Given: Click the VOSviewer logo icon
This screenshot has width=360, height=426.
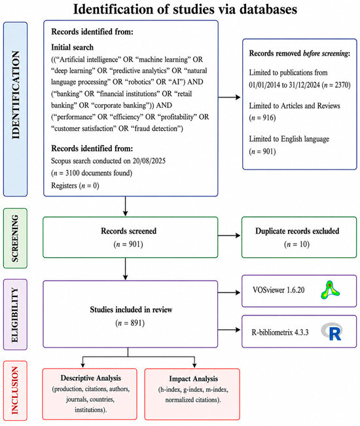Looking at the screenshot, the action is click(330, 290).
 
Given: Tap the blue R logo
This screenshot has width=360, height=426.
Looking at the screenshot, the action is click(331, 332).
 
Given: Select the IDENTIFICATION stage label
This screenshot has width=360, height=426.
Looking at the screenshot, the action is click(16, 95).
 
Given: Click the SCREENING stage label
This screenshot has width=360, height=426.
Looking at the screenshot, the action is click(16, 238).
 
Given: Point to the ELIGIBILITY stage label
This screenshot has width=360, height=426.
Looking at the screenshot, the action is click(15, 315).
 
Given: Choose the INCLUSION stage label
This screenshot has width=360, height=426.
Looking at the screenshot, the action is click(15, 391).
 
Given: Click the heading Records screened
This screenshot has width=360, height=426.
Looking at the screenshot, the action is click(128, 231).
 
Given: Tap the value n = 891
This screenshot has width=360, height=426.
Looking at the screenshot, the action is click(130, 323).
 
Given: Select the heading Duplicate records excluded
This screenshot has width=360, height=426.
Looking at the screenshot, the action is click(297, 231).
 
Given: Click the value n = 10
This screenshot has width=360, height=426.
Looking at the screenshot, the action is click(297, 244).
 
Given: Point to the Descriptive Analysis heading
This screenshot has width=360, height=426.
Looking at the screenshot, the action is click(91, 378).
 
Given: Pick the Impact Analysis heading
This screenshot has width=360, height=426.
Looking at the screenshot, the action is click(194, 378).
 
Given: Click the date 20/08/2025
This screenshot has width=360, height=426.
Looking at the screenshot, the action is click(149, 161).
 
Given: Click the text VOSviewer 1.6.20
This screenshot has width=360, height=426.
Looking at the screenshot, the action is click(278, 290).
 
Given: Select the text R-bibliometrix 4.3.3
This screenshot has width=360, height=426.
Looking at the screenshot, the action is click(280, 332).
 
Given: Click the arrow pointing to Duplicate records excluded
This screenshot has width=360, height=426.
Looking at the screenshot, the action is click(229, 236).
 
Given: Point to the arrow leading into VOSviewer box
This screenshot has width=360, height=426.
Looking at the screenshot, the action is click(229, 293).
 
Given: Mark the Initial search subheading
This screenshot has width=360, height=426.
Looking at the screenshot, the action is click(72, 47).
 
